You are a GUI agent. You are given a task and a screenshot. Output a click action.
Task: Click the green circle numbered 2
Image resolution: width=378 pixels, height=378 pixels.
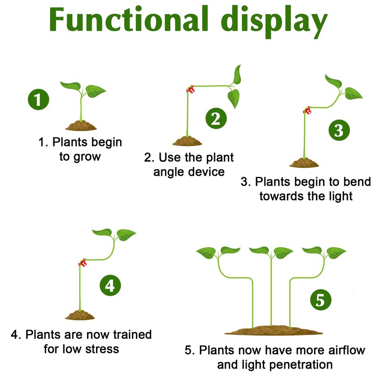pyautogui.click(x=215, y=119)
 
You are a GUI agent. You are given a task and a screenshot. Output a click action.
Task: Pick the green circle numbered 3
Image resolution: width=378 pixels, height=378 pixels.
pyautogui.click(x=338, y=130)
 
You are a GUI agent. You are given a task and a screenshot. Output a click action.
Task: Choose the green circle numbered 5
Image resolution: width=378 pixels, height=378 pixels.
pyautogui.click(x=320, y=300)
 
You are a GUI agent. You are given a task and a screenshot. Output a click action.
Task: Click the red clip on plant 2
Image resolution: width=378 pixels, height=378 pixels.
pyautogui.click(x=191, y=89)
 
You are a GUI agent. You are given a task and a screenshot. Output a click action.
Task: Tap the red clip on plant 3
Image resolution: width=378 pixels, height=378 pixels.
pyautogui.click(x=308, y=112)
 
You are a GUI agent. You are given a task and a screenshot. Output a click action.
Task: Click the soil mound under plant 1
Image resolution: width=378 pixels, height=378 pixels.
pyautogui.click(x=81, y=126)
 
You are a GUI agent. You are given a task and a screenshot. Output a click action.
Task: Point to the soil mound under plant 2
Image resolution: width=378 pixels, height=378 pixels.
pyautogui.click(x=187, y=141)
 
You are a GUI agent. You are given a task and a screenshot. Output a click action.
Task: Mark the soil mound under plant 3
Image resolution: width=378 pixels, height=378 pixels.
pyautogui.click(x=304, y=163)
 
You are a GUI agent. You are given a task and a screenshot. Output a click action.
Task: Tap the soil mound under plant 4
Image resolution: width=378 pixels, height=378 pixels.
pyautogui.click(x=80, y=315)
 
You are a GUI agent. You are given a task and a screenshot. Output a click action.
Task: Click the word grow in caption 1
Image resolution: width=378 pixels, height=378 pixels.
pyautogui.click(x=87, y=157)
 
